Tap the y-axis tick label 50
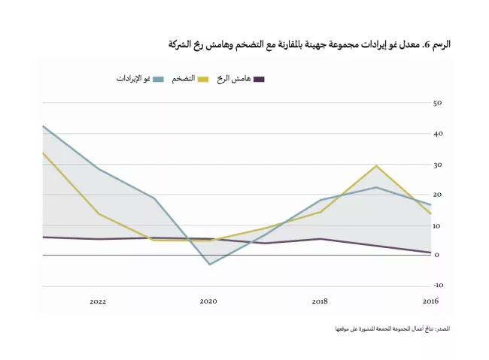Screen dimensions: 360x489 437,102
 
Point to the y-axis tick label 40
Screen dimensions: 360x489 437,133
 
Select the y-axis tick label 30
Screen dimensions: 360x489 437,164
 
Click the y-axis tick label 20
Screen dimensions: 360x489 437,194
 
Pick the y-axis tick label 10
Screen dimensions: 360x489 437,225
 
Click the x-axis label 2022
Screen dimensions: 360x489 98,301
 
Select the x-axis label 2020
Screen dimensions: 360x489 208,301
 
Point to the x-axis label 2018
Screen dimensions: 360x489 320,301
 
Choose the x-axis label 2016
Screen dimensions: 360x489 430,301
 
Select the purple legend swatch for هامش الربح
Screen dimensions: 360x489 260,79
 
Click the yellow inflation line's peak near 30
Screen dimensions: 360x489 375,165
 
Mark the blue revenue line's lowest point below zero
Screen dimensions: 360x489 209,265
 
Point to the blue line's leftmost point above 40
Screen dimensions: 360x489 43,126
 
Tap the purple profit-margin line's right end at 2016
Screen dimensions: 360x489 430,253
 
